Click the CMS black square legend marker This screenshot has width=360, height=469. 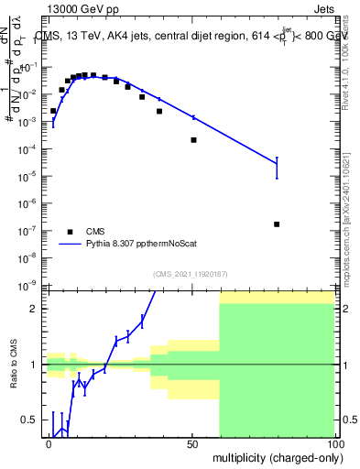[x=70, y=232]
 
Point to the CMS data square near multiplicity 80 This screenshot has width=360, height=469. [x=277, y=224]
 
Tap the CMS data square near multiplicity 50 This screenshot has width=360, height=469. [x=194, y=140]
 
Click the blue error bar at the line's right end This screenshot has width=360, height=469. [x=277, y=166]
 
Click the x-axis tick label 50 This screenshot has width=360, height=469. [x=192, y=442]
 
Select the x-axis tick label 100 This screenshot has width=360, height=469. [x=335, y=442]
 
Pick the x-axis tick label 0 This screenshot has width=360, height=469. [x=49, y=442]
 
